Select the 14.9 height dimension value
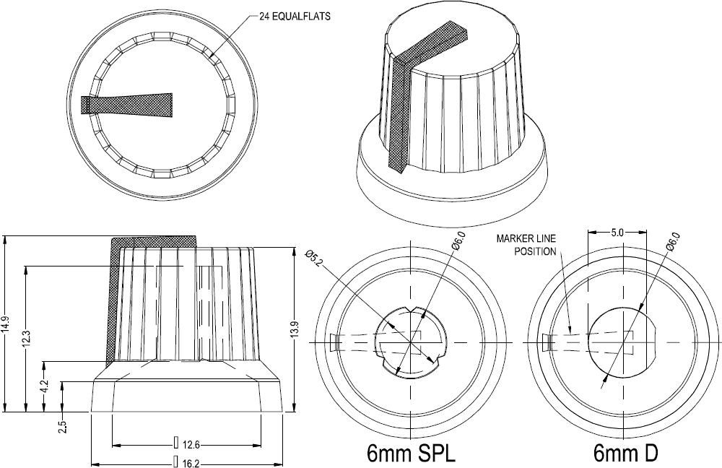coord(6,323)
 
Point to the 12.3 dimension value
coord(26,338)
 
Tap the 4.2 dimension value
coord(45,386)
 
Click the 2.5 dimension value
coord(64,426)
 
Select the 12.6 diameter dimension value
coord(190,443)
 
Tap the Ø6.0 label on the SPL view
coord(457,241)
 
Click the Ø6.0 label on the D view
coord(671,241)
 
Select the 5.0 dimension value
coord(617,233)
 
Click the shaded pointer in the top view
coord(130,105)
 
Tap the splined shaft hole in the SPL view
coord(411,342)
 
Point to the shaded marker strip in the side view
coord(114,303)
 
